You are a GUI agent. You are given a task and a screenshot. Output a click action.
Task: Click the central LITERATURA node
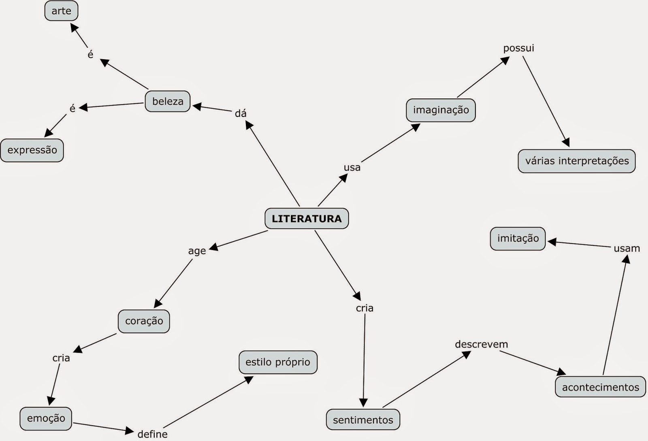coord(307,219)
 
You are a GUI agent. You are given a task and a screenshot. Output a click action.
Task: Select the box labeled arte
coord(61,11)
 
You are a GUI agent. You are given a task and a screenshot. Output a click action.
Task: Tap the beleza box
coord(168,101)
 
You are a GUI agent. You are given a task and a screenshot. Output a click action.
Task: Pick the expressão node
coord(32,150)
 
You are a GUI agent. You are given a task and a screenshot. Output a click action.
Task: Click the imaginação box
coord(441,110)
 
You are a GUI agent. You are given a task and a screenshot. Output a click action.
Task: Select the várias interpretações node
coord(577,161)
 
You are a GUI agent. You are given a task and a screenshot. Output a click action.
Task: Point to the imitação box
coord(518,239)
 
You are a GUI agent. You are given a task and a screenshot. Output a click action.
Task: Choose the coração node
coord(144,321)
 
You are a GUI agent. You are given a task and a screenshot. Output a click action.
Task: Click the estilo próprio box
coord(278,362)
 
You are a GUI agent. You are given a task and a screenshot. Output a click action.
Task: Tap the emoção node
coord(46,418)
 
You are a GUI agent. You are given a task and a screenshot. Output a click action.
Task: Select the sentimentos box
coord(363,420)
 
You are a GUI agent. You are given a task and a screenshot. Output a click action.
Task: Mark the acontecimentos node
coord(600,387)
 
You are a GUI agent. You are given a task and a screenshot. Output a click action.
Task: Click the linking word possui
coord(518,48)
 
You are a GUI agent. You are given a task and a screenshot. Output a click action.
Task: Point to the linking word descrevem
coord(481,344)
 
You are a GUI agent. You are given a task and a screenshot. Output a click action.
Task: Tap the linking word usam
coord(627,248)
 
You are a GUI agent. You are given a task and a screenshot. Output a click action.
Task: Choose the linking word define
coord(152,434)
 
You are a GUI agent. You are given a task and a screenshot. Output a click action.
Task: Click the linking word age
coord(197,251)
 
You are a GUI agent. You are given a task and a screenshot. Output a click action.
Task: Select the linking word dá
coord(241,113)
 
